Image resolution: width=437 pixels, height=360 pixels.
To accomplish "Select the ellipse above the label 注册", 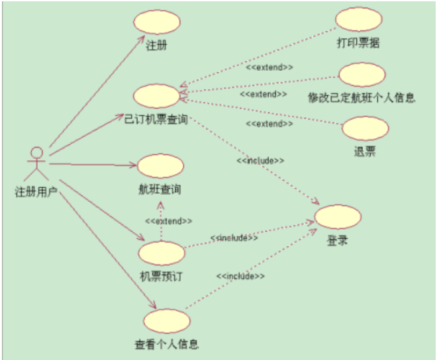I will tap(156, 22).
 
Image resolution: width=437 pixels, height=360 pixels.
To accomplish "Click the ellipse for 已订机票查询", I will tap(156, 96).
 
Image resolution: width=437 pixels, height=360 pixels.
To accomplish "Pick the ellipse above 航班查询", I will tap(160, 165).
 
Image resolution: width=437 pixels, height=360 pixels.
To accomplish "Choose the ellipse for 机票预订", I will tap(162, 253).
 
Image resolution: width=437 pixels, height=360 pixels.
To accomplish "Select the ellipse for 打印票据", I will tap(358, 19).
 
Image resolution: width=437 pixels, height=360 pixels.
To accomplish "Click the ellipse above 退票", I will tap(365, 128).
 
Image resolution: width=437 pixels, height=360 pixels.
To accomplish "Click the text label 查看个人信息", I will tap(167, 344).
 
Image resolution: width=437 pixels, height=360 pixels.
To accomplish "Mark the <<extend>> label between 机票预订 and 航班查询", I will tap(169, 220).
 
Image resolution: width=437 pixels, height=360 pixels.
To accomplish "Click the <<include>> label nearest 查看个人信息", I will tap(240, 275).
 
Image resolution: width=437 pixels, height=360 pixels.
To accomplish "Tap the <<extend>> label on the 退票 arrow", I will tap(269, 123).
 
